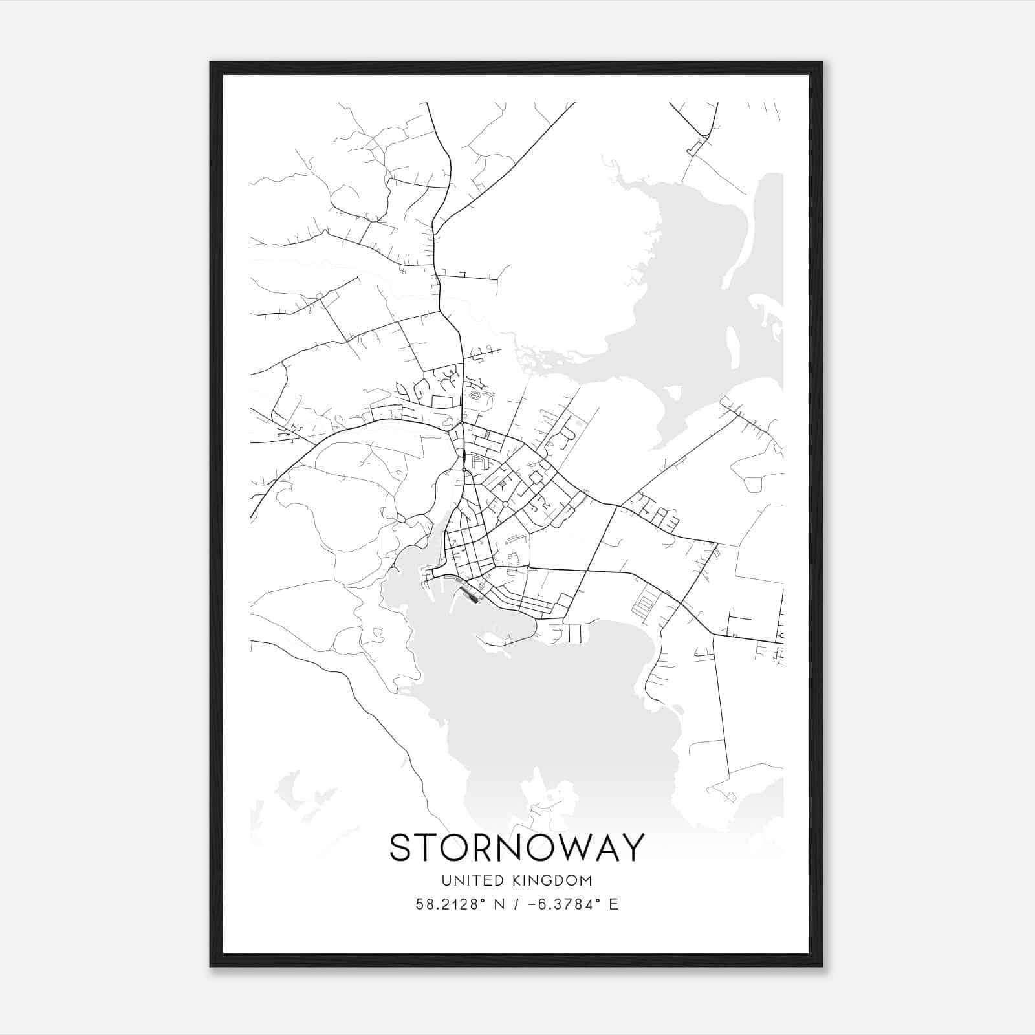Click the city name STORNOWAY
[517, 847]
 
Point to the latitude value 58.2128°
[450, 904]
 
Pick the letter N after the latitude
[499, 904]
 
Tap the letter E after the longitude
[613, 904]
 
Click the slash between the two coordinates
[516, 904]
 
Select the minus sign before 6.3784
[533, 904]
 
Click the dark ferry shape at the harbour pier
[470, 593]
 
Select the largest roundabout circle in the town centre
[505, 504]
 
